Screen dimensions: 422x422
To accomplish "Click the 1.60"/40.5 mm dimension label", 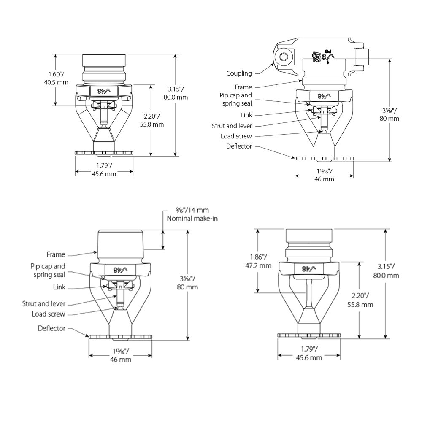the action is tap(56, 78).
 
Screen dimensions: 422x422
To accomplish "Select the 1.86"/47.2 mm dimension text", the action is tap(258, 261).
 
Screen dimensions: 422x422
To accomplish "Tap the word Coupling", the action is tap(239, 73).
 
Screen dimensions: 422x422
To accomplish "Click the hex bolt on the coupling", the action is tap(283, 57).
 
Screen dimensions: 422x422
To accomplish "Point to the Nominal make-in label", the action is tap(192, 218).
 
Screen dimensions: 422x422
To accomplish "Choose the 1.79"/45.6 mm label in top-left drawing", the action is tap(104, 170).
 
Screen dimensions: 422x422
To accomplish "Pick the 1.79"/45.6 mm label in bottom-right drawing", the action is tap(309, 353).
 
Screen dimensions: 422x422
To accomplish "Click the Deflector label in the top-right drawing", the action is tap(239, 146).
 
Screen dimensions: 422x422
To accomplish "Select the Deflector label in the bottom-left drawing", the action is tap(51, 328).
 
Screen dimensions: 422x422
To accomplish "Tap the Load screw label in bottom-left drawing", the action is tap(49, 314).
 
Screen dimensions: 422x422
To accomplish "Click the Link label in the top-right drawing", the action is tap(246, 115).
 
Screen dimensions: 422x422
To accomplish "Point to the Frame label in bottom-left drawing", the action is tap(56, 254).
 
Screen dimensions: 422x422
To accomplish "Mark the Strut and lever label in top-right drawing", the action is tap(232, 126).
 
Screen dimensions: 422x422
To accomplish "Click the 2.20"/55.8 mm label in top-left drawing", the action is tap(152, 120).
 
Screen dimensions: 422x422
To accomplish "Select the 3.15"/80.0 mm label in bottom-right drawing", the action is tap(386, 271).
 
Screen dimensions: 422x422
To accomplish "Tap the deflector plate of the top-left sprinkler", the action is tap(104, 153).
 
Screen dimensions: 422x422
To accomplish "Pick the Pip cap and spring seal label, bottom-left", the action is tap(48, 271).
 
